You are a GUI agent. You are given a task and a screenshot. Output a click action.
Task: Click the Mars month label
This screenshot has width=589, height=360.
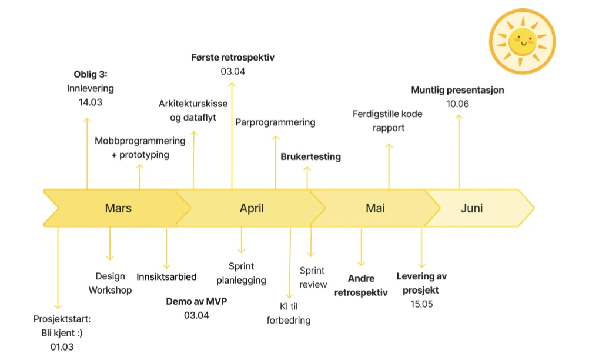(118, 208)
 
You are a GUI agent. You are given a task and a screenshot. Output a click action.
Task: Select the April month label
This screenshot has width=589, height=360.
(252, 208)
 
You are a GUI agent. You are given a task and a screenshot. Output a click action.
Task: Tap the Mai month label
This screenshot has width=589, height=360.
(375, 208)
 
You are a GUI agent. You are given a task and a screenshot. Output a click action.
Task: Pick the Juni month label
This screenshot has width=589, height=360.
(471, 208)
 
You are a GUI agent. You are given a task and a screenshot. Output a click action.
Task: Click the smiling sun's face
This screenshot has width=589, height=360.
(522, 41)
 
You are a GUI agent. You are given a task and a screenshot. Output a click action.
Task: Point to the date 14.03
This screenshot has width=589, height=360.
(90, 102)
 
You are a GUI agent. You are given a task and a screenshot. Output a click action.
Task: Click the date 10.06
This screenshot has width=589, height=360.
(457, 104)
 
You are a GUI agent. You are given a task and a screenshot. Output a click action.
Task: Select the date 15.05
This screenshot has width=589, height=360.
(421, 304)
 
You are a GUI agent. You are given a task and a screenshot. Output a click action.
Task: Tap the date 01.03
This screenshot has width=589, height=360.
(62, 347)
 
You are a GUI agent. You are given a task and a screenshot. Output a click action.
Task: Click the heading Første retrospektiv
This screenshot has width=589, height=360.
(233, 58)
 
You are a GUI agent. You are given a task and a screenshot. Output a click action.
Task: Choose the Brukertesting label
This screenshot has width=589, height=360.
(310, 156)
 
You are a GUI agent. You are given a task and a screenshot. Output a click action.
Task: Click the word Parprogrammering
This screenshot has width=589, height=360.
(275, 122)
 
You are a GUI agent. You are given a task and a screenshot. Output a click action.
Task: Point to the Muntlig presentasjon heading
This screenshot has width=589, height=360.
(457, 90)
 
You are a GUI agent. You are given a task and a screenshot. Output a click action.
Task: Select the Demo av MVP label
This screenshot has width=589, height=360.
(196, 301)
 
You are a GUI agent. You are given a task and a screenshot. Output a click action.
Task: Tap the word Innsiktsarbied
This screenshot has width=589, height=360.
(166, 277)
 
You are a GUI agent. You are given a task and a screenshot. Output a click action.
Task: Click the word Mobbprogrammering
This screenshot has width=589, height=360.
(140, 141)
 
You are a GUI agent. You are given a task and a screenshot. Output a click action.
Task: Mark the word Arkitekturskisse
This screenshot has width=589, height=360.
(193, 104)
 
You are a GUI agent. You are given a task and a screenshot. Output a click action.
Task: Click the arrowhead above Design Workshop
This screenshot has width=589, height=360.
(110, 258)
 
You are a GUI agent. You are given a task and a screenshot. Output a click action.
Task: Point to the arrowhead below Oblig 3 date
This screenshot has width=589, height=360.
(87, 121)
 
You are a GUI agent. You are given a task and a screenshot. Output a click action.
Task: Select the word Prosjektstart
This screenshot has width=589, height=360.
(62, 319)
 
